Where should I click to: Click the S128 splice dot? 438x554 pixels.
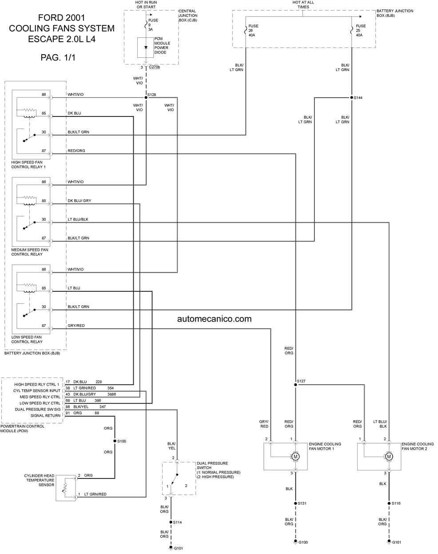pos(146,97)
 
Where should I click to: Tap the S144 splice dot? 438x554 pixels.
pos(351,97)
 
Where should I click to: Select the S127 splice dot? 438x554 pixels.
pos(295,385)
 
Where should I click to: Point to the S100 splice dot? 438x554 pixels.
pos(115,441)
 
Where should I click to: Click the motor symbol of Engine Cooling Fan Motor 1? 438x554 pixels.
pos(295,457)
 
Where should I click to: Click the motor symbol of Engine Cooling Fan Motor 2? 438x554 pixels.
pos(389,457)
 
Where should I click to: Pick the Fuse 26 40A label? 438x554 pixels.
pos(253,30)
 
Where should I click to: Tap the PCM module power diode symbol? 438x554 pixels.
pos(145,48)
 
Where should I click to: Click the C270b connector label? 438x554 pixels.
pos(154,67)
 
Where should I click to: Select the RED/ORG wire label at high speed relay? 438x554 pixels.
pos(76,151)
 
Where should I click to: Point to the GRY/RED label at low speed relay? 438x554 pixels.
pos(76,326)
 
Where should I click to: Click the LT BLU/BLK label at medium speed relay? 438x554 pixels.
pos(78,220)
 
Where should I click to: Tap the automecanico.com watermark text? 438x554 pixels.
pos(214,319)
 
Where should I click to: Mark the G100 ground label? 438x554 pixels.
pos(303,542)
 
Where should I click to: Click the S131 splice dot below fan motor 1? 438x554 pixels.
pos(295,503)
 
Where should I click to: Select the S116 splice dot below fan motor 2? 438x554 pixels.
pos(389,503)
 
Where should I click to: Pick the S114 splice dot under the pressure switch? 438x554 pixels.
pos(171,522)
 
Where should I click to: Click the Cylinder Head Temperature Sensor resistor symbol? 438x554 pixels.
pos(65,488)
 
